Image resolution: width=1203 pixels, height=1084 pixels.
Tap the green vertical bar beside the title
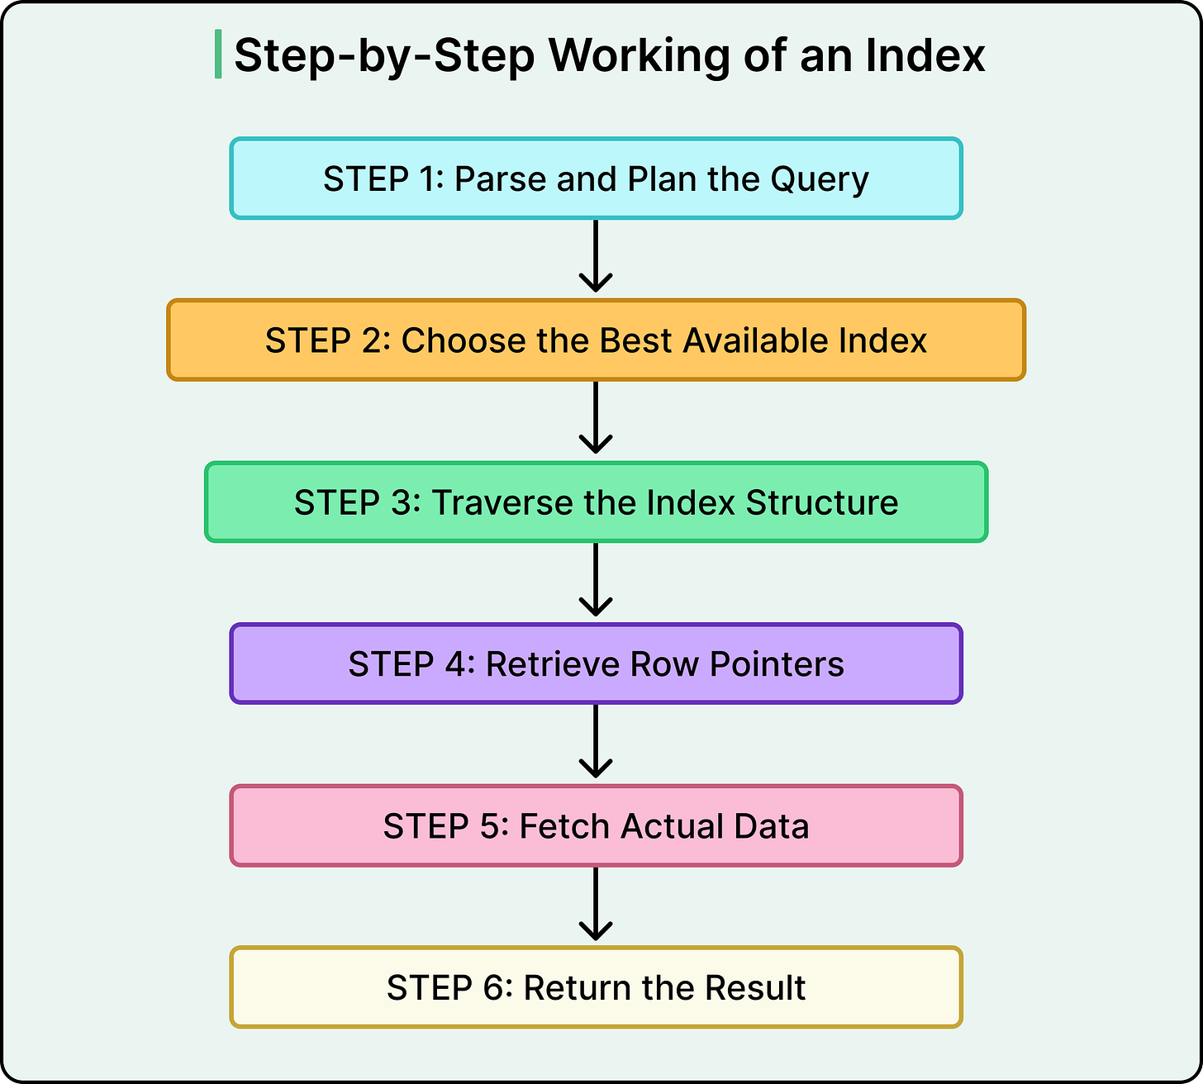point(218,55)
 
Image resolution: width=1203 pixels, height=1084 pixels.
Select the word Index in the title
point(925,56)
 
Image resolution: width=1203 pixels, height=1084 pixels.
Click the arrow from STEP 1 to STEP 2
point(596,256)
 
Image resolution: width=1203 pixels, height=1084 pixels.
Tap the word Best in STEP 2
point(635,340)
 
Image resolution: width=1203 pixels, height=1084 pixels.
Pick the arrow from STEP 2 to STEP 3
point(596,418)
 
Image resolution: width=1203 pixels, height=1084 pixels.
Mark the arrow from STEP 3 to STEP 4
point(596,580)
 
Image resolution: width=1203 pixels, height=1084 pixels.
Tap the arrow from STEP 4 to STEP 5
point(596,742)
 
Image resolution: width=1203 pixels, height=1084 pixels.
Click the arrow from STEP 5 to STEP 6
point(596,904)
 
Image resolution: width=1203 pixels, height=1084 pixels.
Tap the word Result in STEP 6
point(755,988)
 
